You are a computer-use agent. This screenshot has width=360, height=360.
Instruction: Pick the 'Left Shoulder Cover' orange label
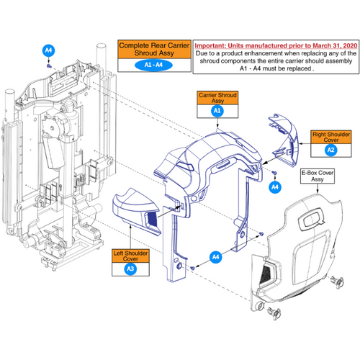pos(130,256)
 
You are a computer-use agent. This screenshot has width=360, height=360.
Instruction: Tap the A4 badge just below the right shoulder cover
pos(274,186)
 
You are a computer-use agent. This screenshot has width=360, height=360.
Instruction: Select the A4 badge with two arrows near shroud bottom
pos(216,256)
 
